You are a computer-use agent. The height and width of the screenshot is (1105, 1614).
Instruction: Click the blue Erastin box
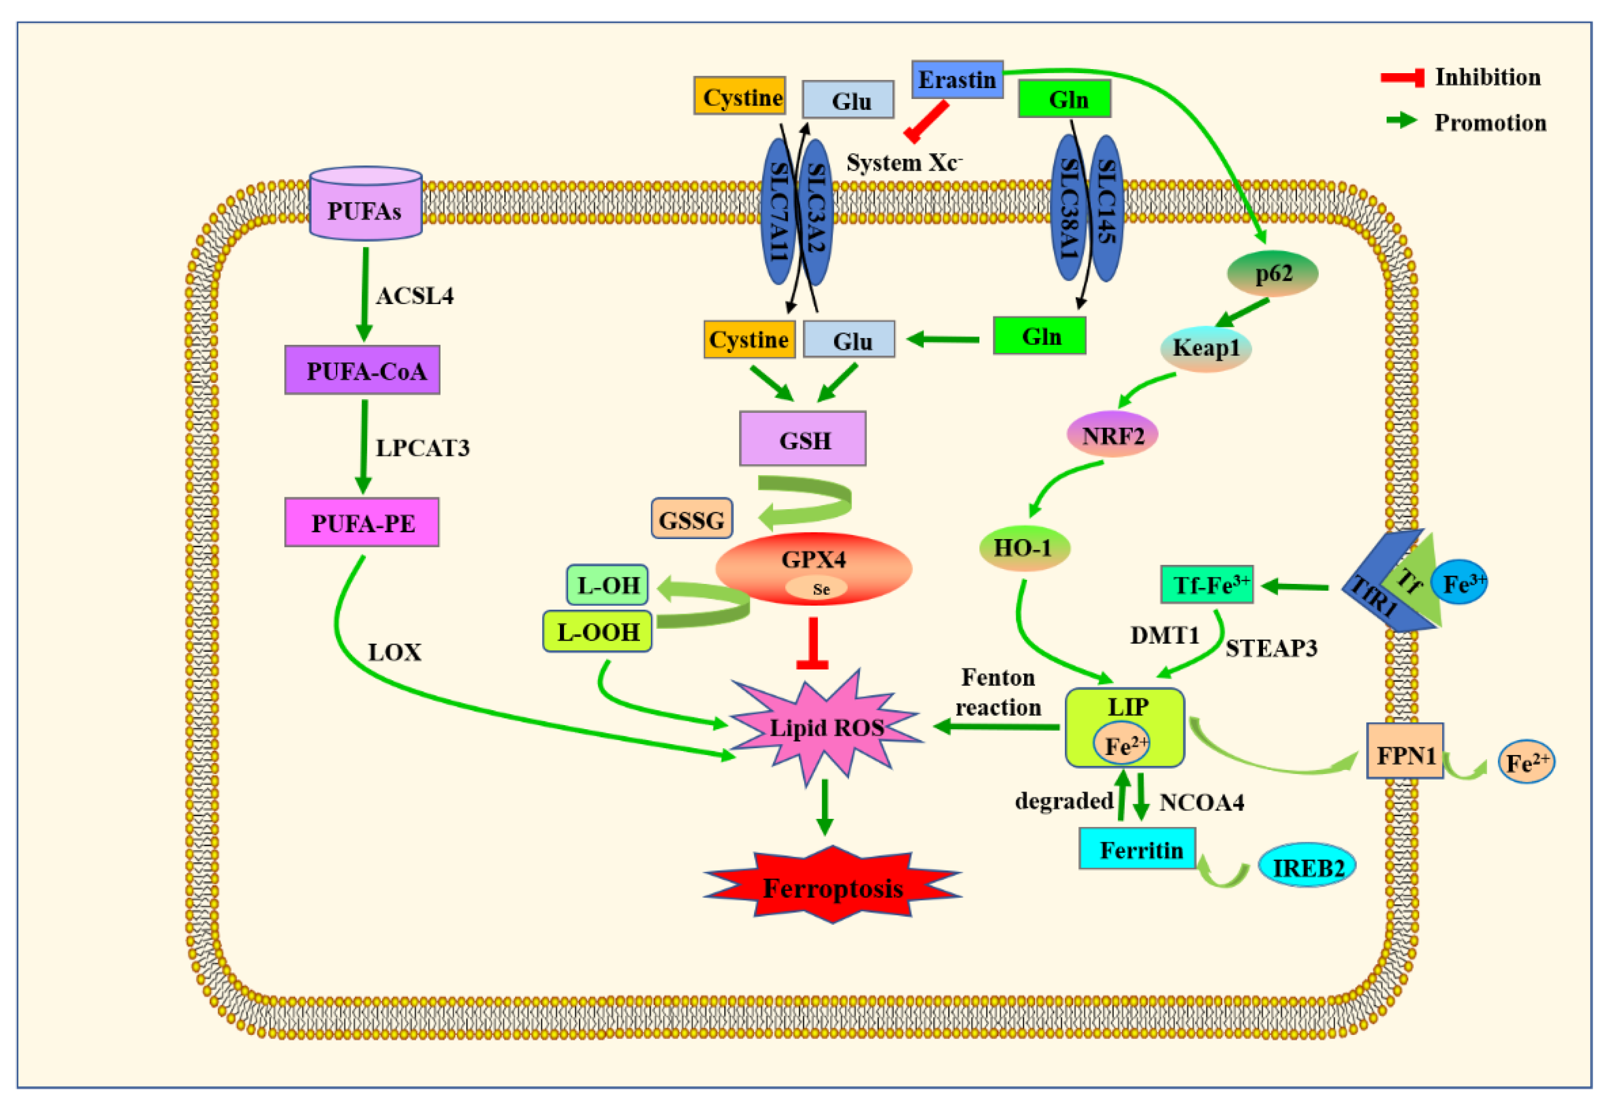click(957, 79)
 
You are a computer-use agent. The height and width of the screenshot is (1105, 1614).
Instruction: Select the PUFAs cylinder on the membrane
click(365, 204)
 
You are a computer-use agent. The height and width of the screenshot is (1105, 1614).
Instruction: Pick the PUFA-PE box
click(361, 522)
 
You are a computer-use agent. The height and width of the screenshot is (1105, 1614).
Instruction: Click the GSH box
click(802, 438)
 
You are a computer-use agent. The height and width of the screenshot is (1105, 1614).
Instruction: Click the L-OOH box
click(597, 631)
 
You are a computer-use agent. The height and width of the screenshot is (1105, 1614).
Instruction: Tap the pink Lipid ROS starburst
click(827, 727)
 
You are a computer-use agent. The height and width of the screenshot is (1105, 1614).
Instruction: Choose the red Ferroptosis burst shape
click(833, 885)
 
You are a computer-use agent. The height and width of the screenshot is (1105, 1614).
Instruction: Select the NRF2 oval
click(1112, 434)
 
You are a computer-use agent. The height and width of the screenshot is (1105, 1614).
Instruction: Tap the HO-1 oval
click(1024, 548)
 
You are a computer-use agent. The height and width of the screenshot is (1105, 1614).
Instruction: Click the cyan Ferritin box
click(1137, 848)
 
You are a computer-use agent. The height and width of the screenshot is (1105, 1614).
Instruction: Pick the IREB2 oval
click(1307, 866)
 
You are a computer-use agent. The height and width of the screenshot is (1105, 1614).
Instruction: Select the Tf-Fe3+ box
click(1207, 584)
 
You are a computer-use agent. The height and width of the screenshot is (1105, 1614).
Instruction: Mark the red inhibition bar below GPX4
click(812, 643)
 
